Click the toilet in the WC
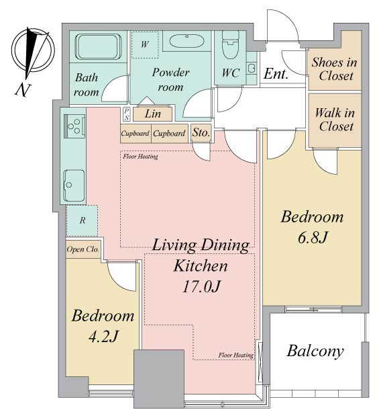[230, 44]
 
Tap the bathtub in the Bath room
[98, 46]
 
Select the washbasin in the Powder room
[186, 41]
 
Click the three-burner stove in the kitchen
[74, 126]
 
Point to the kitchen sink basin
[74, 185]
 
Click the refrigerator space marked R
[83, 220]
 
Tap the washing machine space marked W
[144, 44]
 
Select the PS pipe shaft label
[127, 114]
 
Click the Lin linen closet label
[153, 114]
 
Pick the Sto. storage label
[201, 132]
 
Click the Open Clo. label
[83, 249]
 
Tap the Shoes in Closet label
[335, 69]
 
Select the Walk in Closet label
[335, 120]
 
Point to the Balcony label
[315, 351]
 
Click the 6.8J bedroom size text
[313, 237]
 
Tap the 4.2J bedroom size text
[103, 337]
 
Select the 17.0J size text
[201, 287]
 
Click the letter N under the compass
[23, 90]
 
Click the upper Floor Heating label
[140, 157]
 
